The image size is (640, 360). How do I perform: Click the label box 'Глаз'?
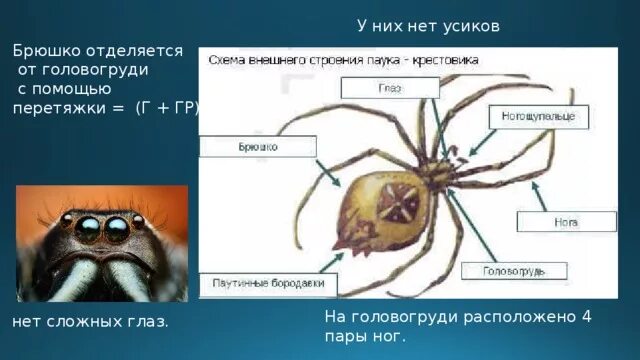[x=390, y=88]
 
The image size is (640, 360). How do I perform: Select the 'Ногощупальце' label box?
[x=538, y=118]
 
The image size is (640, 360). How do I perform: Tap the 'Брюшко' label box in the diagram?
[x=258, y=147]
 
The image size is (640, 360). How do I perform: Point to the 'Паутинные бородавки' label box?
[x=268, y=284]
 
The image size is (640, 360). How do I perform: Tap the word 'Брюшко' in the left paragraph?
[x=48, y=50]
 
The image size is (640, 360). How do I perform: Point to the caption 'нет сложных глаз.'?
[x=90, y=322]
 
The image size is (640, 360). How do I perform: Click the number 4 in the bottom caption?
[x=587, y=317]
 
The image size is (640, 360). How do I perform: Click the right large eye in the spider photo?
[x=118, y=229]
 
